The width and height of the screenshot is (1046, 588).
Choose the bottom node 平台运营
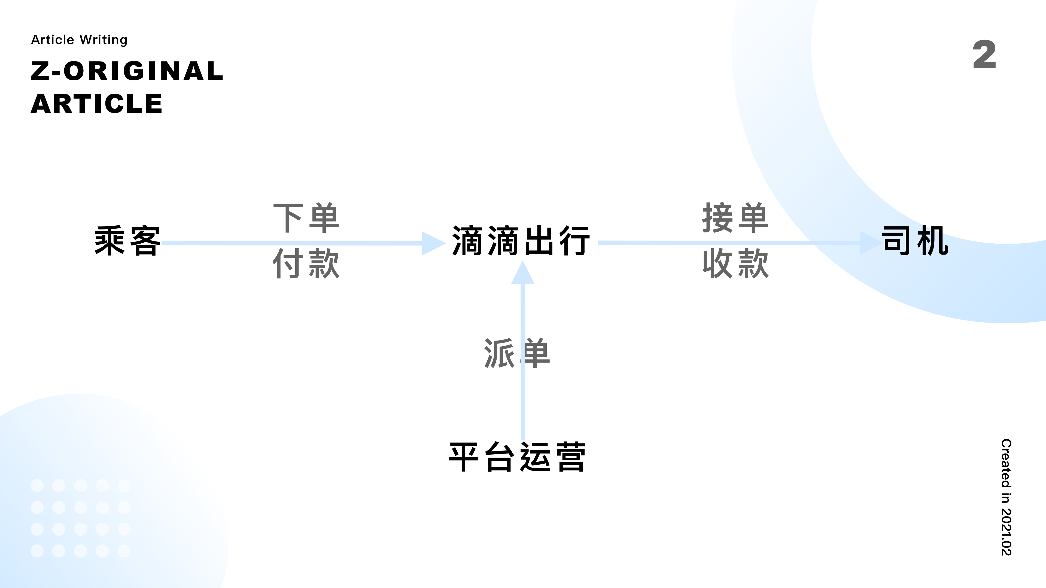(517, 457)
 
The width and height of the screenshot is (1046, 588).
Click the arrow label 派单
(517, 353)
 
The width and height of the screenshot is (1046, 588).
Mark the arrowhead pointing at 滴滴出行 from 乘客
(433, 243)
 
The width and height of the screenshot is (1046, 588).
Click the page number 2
(984, 54)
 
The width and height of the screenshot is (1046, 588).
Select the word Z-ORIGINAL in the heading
(127, 71)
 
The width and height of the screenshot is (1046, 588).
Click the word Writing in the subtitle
(104, 40)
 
